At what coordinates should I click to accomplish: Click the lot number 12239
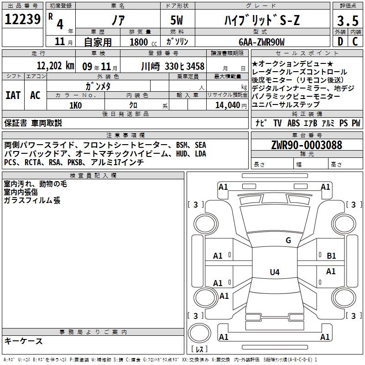click(22, 19)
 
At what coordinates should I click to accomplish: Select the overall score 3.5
click(348, 21)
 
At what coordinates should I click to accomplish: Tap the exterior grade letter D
click(340, 42)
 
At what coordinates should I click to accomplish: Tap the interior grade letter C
click(355, 42)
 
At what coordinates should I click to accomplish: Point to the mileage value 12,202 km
click(56, 66)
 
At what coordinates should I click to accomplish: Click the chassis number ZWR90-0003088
click(307, 145)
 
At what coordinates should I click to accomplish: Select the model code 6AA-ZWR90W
click(261, 42)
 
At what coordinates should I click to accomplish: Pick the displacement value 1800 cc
click(143, 42)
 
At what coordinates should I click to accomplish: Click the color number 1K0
click(76, 105)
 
